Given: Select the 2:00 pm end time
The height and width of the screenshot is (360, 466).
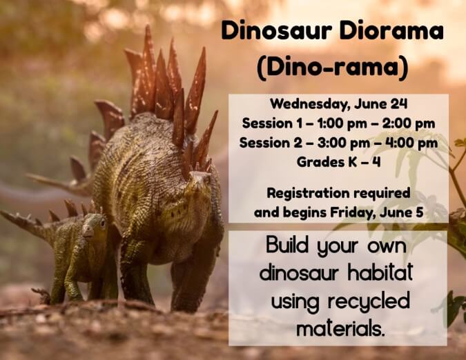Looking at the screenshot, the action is [x=409, y=123].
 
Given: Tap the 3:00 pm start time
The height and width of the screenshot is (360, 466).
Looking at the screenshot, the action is [x=344, y=143].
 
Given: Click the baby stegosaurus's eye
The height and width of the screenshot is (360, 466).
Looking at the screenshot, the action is [x=103, y=223].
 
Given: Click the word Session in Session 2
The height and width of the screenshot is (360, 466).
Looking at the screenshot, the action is [x=265, y=143].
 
